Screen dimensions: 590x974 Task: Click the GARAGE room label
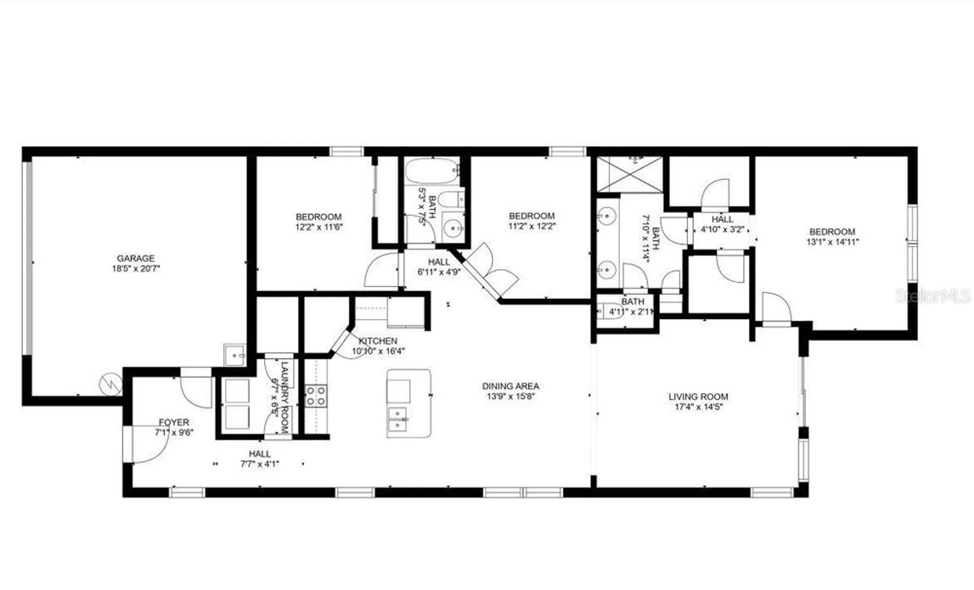pyautogui.click(x=135, y=258)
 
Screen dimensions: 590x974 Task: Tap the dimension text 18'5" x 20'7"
pyautogui.click(x=135, y=269)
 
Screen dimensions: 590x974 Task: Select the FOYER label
pyautogui.click(x=174, y=422)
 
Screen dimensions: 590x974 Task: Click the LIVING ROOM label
pyautogui.click(x=698, y=396)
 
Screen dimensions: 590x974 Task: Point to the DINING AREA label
pyautogui.click(x=510, y=386)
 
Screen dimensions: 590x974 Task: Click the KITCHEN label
pyautogui.click(x=378, y=341)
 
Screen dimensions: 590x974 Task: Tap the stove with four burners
pyautogui.click(x=316, y=395)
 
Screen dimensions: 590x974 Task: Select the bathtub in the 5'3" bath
pyautogui.click(x=431, y=170)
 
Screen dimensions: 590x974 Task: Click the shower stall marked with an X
pyautogui.click(x=629, y=174)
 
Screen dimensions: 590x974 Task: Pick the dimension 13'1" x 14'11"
pyautogui.click(x=832, y=242)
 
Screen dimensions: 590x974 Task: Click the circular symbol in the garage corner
pyautogui.click(x=111, y=385)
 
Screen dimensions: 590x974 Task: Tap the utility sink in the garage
pyautogui.click(x=234, y=355)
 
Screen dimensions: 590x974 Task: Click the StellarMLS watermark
pyautogui.click(x=933, y=295)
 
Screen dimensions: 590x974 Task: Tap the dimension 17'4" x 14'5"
pyautogui.click(x=698, y=407)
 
